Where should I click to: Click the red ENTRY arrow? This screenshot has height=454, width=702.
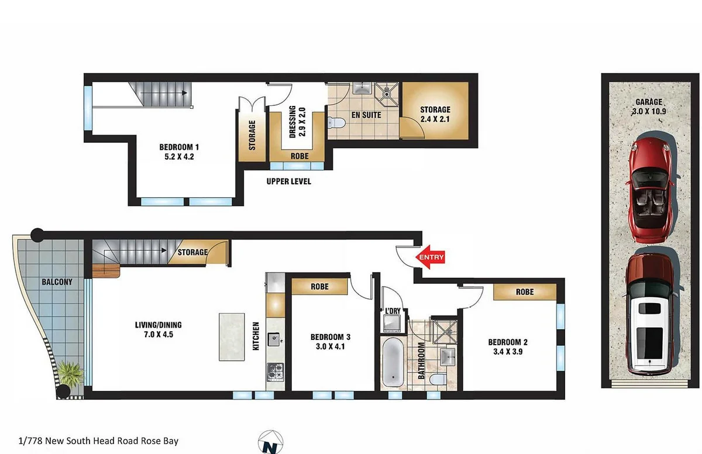pos(430,257)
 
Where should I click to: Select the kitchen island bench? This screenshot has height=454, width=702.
pos(232,337)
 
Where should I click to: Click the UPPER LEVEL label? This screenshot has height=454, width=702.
pos(288,181)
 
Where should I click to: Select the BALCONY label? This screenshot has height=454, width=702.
pos(57,282)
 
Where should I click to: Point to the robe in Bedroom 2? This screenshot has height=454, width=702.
pos(525,291)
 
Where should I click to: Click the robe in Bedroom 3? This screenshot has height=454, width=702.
pos(319,287)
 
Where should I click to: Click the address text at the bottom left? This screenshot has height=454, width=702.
pos(98,441)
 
